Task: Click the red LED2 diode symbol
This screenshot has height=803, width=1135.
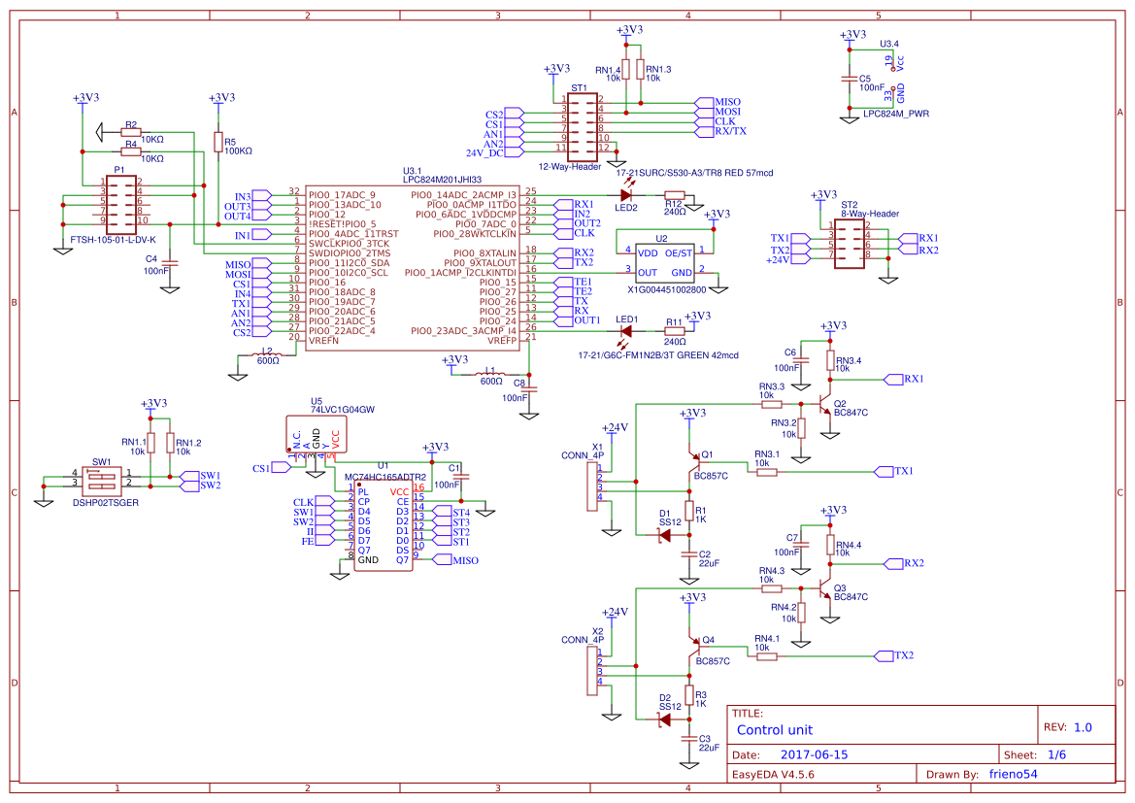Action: [626, 194]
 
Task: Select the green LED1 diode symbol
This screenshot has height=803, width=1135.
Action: [625, 331]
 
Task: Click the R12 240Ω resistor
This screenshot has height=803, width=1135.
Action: [674, 195]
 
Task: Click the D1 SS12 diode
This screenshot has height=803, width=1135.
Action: [665, 534]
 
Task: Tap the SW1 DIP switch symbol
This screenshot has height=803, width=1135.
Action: [100, 480]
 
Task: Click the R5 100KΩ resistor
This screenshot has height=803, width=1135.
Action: [218, 143]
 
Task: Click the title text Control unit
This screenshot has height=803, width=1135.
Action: [775, 730]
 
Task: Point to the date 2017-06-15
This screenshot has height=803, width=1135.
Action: [814, 754]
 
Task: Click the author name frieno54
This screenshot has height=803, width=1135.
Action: [999, 775]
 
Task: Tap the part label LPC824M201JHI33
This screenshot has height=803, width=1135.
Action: [442, 180]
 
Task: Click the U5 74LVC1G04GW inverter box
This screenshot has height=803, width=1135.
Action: [314, 434]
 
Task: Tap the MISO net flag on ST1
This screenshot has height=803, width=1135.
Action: [726, 102]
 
